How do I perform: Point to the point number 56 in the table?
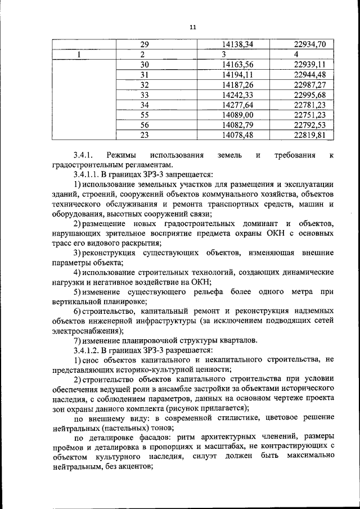pos(145,125)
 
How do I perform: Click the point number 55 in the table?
pos(145,115)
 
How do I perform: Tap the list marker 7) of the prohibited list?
pos(78,340)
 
